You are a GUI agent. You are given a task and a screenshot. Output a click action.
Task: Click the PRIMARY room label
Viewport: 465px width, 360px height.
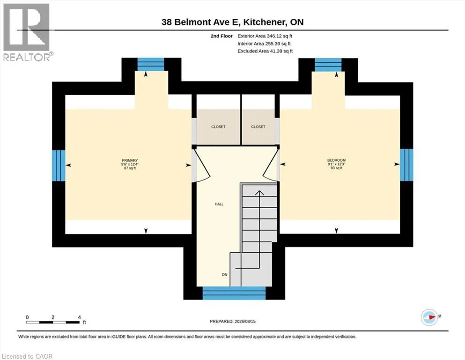(x=130, y=160)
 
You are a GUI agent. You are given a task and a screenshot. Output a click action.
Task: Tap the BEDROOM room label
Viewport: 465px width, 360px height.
(x=336, y=160)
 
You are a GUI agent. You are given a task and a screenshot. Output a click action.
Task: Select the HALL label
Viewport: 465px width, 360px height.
(x=219, y=204)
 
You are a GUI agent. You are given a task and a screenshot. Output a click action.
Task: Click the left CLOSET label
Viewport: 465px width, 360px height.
(x=218, y=127)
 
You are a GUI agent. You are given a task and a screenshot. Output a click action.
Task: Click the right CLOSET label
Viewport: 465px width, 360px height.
(x=258, y=127)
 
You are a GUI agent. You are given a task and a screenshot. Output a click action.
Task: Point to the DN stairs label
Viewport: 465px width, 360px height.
(x=224, y=275)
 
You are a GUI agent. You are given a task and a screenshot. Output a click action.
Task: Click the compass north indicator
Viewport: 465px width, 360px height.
(x=430, y=317)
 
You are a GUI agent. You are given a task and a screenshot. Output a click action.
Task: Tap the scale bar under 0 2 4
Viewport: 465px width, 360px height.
(x=53, y=322)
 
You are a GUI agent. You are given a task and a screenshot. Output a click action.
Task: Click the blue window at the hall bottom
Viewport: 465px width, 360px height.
(x=234, y=293)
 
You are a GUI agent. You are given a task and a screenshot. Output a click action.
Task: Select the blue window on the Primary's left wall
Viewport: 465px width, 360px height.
(x=59, y=165)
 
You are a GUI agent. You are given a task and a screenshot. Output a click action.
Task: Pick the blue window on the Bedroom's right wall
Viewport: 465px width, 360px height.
(x=406, y=165)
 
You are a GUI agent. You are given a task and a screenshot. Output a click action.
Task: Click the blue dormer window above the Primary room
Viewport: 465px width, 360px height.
(x=151, y=64)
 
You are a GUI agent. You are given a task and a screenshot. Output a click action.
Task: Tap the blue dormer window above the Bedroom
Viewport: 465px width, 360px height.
(x=328, y=65)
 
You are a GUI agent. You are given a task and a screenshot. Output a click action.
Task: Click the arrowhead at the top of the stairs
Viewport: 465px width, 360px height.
(x=259, y=193)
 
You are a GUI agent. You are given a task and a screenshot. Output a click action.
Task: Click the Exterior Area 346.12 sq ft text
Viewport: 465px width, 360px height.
(x=265, y=36)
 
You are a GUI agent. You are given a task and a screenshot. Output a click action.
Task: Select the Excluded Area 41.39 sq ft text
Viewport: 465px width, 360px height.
(x=265, y=51)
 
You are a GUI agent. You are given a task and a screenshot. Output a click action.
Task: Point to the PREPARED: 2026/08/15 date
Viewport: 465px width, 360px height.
(x=232, y=321)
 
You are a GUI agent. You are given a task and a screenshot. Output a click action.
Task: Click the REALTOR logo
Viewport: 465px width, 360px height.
(x=27, y=32)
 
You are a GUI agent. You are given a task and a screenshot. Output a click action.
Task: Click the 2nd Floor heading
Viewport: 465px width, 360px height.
(x=221, y=36)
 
